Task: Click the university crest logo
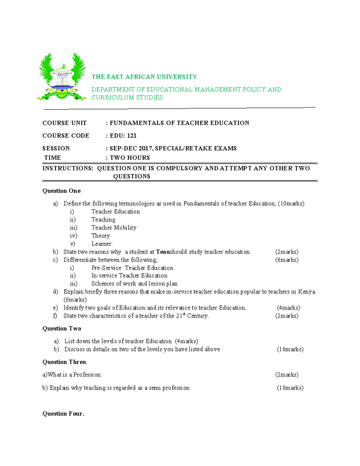(x=62, y=77)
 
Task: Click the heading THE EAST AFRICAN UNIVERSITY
(x=144, y=77)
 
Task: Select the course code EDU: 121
(x=123, y=136)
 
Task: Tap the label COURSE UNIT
(x=64, y=123)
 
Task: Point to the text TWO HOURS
(x=130, y=158)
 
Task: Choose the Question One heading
(x=61, y=191)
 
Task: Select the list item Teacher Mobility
(x=114, y=228)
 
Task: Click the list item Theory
(x=100, y=236)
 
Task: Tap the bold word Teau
(x=163, y=252)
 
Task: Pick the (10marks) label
(x=291, y=204)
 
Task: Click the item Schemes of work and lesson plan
(x=134, y=284)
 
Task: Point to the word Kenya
(x=307, y=292)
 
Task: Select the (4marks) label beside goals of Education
(x=288, y=308)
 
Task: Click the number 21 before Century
(x=179, y=316)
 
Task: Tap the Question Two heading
(x=62, y=329)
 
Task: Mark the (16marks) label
(x=290, y=349)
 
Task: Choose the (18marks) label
(x=290, y=388)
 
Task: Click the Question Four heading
(x=63, y=414)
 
